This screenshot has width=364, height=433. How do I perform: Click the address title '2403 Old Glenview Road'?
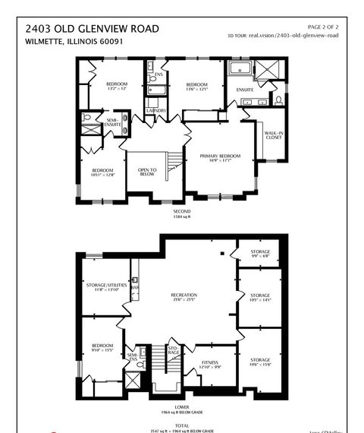92,28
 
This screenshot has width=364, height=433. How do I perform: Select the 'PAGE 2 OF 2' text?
321,27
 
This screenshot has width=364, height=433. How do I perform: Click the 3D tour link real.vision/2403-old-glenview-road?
294,36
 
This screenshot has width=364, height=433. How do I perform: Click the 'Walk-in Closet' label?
273,135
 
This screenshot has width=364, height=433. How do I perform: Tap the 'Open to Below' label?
147,172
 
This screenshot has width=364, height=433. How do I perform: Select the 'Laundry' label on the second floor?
156,110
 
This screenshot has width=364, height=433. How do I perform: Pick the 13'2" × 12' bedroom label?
117,86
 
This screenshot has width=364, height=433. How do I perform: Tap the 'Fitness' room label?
210,365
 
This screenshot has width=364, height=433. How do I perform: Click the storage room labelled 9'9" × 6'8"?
260,254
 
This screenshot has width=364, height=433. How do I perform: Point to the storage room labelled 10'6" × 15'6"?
260,362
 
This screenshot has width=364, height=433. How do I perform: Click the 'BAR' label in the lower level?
137,288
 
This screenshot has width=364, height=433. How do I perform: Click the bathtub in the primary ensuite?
239,70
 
